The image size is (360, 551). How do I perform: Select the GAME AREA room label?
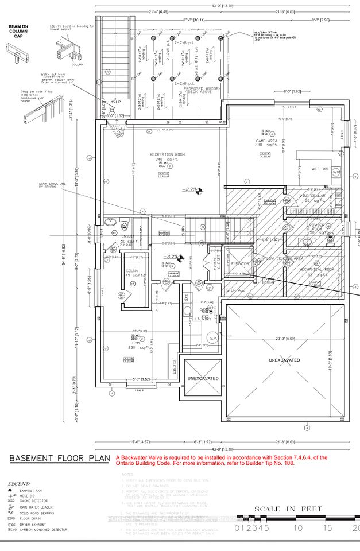(266, 141)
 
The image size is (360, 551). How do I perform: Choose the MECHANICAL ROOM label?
(312, 269)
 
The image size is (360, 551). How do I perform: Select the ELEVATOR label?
(238, 263)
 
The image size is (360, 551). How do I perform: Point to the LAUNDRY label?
(203, 319)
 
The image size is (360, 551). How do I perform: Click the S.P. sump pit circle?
(212, 338)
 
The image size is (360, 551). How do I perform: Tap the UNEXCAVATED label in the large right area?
(285, 360)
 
